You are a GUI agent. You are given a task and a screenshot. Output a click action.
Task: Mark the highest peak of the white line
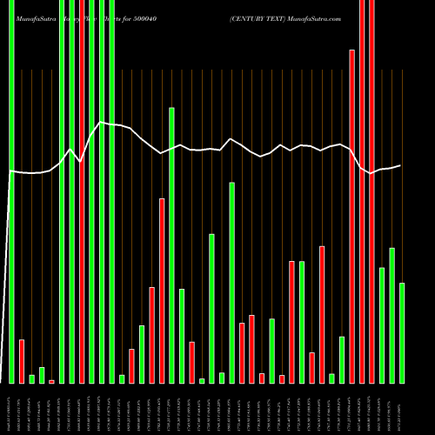[102, 123]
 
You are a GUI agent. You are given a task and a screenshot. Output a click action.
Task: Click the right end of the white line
[401, 165]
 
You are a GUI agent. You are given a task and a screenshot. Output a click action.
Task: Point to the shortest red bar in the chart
[51, 381]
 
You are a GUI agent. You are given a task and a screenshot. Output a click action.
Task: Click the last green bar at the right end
[402, 332]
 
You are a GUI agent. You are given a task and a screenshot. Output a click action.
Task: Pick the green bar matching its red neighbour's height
[302, 322]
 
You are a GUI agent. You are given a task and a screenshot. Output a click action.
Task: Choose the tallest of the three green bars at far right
[392, 315]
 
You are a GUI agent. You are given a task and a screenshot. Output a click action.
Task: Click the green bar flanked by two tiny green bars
[211, 308]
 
